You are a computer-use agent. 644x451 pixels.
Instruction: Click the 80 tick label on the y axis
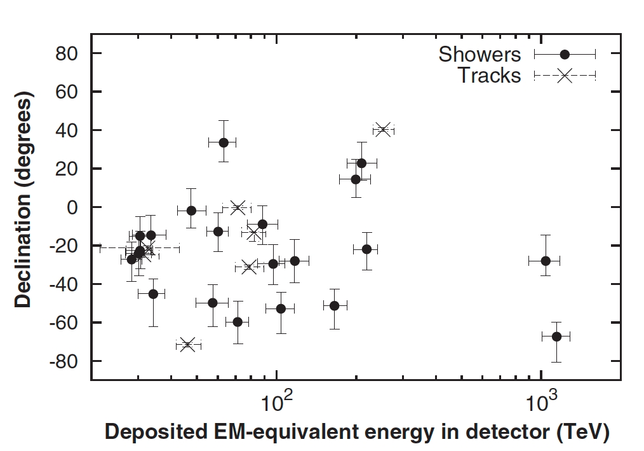(x=65, y=54)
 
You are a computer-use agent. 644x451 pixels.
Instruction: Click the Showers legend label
(x=480, y=55)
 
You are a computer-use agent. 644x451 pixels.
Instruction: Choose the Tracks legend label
(x=489, y=76)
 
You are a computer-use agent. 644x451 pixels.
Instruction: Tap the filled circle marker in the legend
(x=565, y=55)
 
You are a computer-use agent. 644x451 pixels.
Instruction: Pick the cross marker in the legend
(x=565, y=76)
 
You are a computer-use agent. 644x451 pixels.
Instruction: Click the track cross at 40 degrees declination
(x=382, y=130)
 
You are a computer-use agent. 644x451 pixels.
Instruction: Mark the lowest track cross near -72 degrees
(x=187, y=345)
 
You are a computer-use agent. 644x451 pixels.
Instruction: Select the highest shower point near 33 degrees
(x=224, y=142)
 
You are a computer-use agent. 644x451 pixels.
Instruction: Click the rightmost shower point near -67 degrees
(x=556, y=337)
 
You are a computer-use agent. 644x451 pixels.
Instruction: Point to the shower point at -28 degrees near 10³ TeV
(x=545, y=261)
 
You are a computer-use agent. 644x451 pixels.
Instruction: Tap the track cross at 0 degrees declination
(x=238, y=207)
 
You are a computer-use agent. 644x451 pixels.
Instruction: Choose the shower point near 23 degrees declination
(x=361, y=163)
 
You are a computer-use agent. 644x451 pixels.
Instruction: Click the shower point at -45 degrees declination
(x=153, y=294)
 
